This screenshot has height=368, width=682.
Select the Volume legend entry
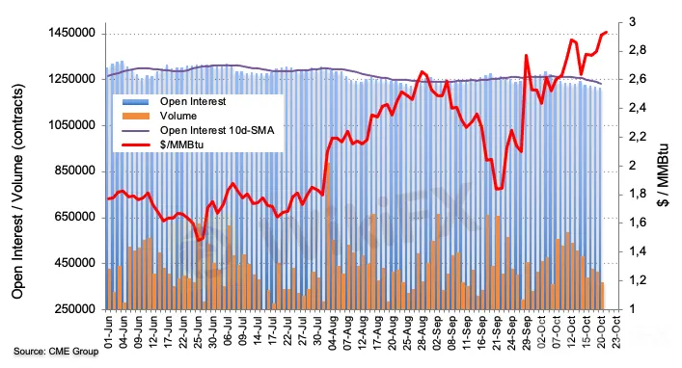pos(159,116)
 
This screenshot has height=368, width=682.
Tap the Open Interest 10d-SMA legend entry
pos(198,130)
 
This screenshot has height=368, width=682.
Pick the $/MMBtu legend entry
pos(163,145)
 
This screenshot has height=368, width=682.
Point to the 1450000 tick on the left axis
pos(72,34)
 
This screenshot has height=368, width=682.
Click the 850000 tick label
pos(75,171)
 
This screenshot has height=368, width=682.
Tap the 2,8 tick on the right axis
pos(638,50)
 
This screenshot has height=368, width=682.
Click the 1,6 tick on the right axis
pos(638,223)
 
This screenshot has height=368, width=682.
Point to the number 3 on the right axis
pos(632,22)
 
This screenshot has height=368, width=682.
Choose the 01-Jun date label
pos(109,332)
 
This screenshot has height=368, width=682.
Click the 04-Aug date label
pos(333,332)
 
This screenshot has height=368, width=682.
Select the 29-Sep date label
pos(527,332)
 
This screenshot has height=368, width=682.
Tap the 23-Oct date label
pos(616,332)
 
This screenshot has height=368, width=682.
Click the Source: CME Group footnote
pos(56,351)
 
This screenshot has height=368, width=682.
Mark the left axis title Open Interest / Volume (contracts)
pos(17,191)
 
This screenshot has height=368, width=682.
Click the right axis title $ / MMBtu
pos(663,175)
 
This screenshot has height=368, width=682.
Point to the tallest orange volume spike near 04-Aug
pos(328,164)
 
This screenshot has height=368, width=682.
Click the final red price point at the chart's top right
pos(607,32)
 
